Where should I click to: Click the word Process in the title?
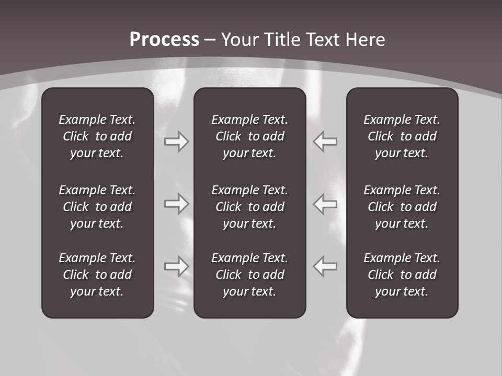click(x=164, y=40)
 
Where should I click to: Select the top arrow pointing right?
click(x=176, y=142)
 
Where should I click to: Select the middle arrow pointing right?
click(x=176, y=204)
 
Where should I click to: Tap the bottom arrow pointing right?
click(x=176, y=266)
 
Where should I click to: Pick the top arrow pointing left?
click(x=325, y=142)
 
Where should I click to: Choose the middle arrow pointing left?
click(x=325, y=204)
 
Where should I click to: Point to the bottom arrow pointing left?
click(x=325, y=266)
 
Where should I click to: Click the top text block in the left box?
click(x=97, y=136)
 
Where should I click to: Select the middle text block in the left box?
click(x=97, y=207)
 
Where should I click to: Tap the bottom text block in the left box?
click(x=97, y=275)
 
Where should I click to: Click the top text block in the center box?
click(x=250, y=136)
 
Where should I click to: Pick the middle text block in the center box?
click(x=250, y=207)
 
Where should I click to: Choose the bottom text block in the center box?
click(x=250, y=275)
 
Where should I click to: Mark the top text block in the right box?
click(x=402, y=136)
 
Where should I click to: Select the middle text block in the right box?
click(x=402, y=207)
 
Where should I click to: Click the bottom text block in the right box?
click(x=402, y=275)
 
